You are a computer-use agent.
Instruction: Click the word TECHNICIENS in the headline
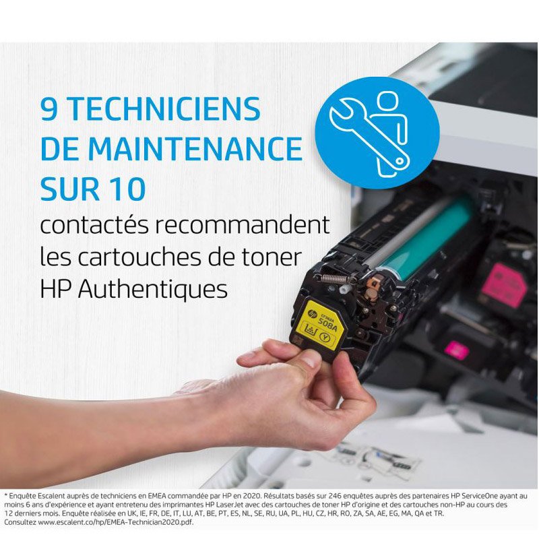coord(164,109)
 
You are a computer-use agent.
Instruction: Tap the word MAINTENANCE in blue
coord(195,148)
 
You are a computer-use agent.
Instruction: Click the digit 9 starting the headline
coord(49,109)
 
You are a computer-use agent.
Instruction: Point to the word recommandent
coord(242,225)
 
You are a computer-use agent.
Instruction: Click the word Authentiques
coord(153,289)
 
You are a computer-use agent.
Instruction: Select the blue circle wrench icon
coord(377,133)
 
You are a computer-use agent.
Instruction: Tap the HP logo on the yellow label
coord(312,313)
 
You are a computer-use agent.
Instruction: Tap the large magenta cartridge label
coord(503,285)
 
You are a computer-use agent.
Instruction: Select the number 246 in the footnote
coord(334,496)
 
